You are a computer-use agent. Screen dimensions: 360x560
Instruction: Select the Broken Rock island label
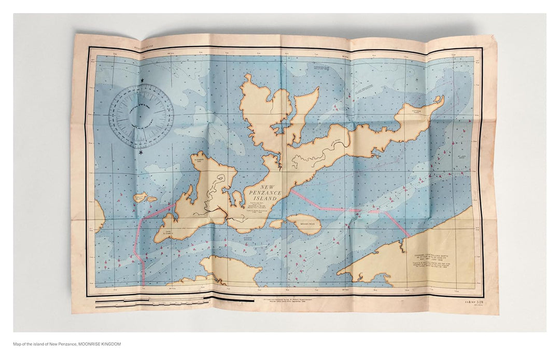(x=305, y=224)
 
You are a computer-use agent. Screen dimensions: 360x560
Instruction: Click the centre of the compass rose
(x=141, y=116)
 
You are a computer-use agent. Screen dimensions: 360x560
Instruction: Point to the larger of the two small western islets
(x=139, y=198)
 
